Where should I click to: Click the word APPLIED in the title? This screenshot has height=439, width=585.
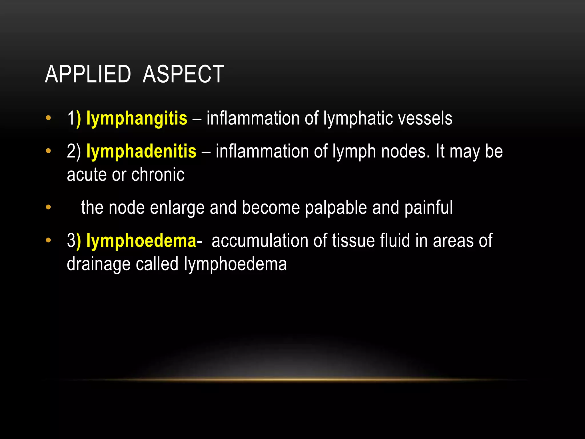pos(88,74)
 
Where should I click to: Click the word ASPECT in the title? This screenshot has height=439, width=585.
pos(183,74)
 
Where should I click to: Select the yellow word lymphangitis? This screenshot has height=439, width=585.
pos(137,119)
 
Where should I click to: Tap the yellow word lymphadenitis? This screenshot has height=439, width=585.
pos(141,151)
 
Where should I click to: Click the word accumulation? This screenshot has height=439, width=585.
pos(260,241)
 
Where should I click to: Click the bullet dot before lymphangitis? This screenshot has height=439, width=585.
pos(48,118)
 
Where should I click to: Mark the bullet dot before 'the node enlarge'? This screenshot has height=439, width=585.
pos(48,207)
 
